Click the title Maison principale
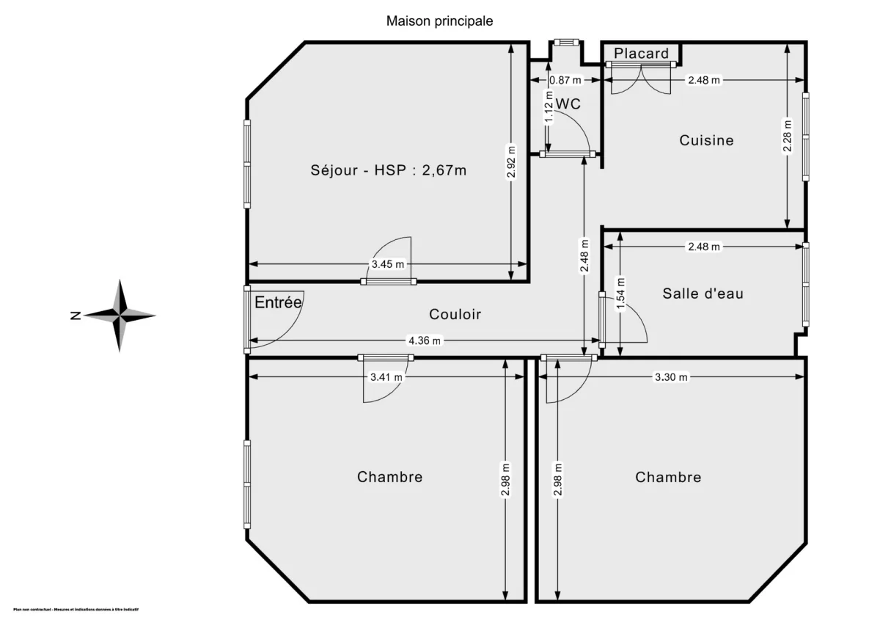tap(439, 21)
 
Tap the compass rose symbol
tap(120, 316)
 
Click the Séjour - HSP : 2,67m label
tap(388, 170)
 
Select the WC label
tap(568, 104)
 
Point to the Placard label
tap(642, 53)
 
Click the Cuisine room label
tap(706, 139)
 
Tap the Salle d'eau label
tap(703, 294)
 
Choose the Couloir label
tap(455, 314)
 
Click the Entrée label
tap(278, 302)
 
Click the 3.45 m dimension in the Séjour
tap(388, 264)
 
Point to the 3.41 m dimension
tap(386, 377)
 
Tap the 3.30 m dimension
tap(671, 377)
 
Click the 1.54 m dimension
tap(620, 294)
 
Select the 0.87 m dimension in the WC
tap(565, 80)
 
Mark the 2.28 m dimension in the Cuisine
tap(787, 136)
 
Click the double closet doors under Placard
tap(641, 78)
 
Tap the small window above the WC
tap(565, 42)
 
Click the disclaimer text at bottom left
tap(76, 609)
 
